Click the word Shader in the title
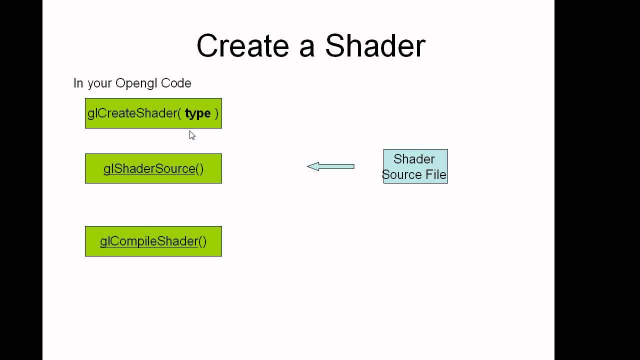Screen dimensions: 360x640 click(x=375, y=46)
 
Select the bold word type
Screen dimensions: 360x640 click(x=197, y=114)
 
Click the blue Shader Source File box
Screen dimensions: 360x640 click(x=415, y=166)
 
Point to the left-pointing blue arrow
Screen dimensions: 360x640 click(x=331, y=166)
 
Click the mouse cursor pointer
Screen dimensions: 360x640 click(x=192, y=135)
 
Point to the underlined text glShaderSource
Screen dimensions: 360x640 click(x=149, y=169)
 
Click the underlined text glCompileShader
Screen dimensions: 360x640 click(x=149, y=241)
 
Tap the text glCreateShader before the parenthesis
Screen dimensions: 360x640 click(x=132, y=113)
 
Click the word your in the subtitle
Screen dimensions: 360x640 click(x=99, y=83)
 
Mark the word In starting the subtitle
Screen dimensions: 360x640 click(x=78, y=83)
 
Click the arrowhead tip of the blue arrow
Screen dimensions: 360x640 click(x=308, y=166)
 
